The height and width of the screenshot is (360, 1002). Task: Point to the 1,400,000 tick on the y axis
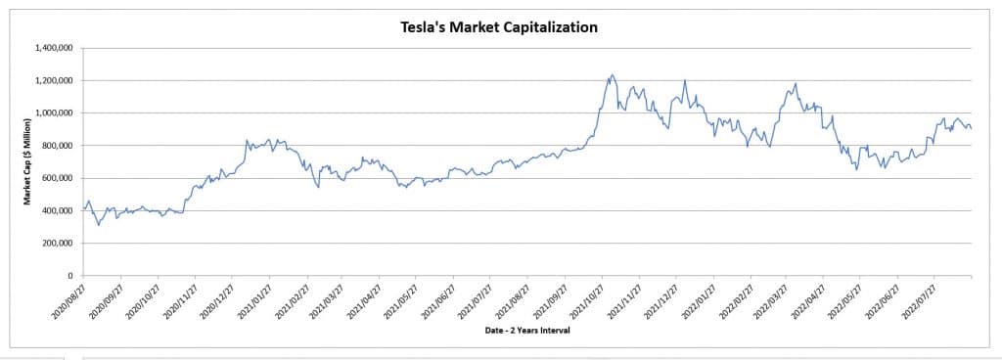(x=57, y=48)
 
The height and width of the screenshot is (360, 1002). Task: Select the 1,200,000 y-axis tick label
(x=57, y=80)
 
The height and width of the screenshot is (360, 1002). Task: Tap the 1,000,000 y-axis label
(x=57, y=112)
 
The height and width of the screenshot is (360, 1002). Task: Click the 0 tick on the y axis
(x=73, y=276)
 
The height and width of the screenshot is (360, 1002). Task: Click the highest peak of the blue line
(x=613, y=74)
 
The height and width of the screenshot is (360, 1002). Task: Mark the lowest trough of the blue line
(x=98, y=225)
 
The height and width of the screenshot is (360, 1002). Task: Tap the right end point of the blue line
(x=971, y=128)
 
